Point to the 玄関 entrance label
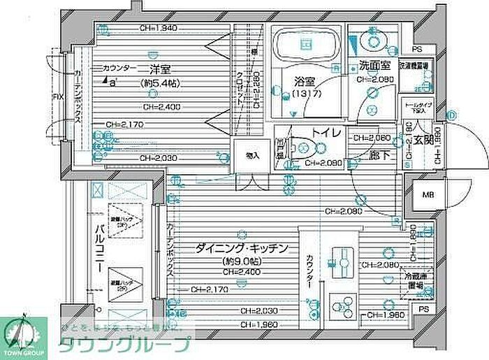[x=423, y=140]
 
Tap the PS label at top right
[x=417, y=49]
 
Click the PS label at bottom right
[x=423, y=308]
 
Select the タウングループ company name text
[x=124, y=345]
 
